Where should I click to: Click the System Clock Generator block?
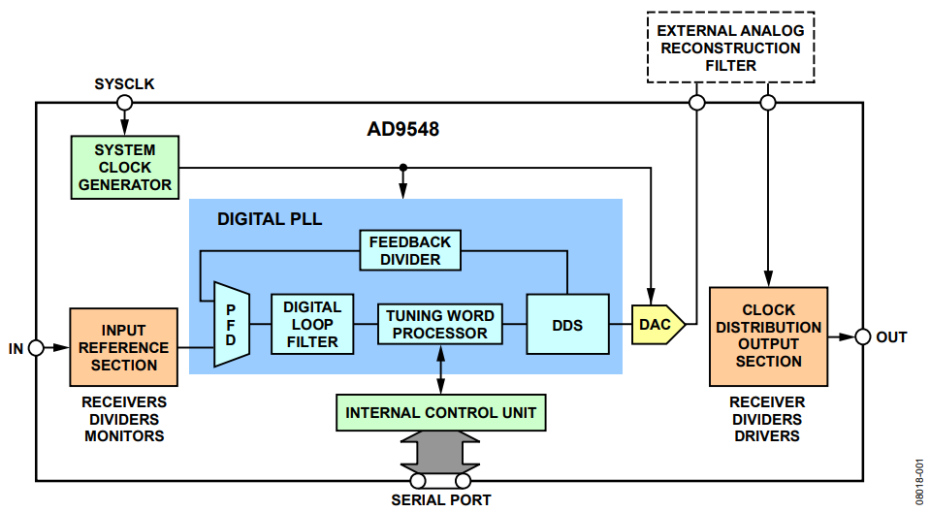125,168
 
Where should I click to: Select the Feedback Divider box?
410,250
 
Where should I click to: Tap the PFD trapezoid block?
230,326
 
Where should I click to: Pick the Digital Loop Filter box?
312,324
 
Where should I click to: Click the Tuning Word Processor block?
440,325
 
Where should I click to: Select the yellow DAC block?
657,325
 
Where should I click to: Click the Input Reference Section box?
124,347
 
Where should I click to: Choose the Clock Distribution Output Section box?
768,336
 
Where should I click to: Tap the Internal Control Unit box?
440,412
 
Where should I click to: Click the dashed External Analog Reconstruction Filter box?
730,48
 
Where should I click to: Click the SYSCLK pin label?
124,84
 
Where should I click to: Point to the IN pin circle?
36,347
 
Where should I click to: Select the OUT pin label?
891,336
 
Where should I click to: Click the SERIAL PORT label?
441,500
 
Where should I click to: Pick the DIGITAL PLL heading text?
269,219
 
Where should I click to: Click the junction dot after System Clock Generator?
402,168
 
